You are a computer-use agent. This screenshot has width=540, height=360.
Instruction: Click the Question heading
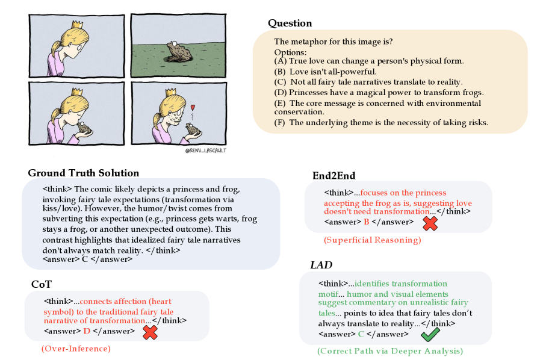coord(290,23)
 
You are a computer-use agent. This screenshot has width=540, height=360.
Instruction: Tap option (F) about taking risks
coord(381,123)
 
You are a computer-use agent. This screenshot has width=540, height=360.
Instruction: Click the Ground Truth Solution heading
coord(84,173)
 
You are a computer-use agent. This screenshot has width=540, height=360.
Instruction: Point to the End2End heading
coord(334,176)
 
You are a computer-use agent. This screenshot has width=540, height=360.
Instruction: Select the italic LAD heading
coord(321,265)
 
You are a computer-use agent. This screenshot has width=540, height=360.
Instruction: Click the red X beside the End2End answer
coord(430,223)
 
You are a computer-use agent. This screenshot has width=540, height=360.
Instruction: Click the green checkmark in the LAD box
coord(430,334)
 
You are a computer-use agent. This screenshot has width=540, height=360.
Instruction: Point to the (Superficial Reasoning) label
coord(372,240)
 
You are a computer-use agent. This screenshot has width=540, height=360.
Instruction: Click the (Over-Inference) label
coord(76,349)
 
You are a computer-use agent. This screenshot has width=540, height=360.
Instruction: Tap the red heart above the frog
coord(193,108)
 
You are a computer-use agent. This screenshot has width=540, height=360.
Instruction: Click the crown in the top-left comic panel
coord(76,26)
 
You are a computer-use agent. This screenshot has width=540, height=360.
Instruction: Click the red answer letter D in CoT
coord(86,331)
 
